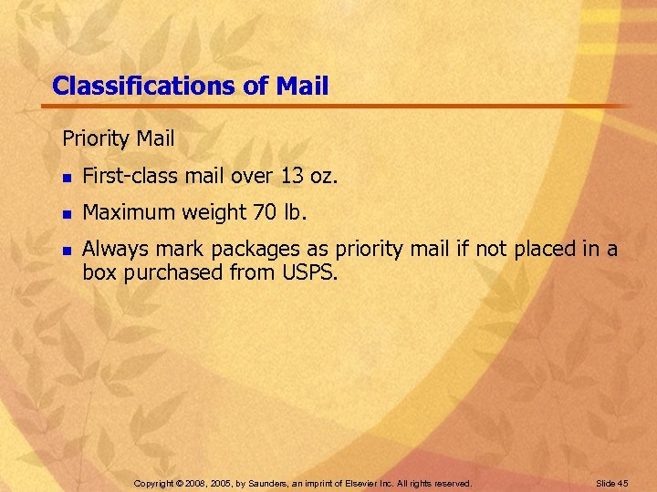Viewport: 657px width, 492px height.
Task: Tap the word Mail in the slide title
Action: [299, 86]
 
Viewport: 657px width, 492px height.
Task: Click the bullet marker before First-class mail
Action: [67, 178]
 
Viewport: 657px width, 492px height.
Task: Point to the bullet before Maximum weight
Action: [67, 214]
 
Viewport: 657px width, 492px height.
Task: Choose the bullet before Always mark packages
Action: [67, 250]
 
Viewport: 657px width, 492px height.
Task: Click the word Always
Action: [111, 249]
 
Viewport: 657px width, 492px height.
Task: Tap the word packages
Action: [248, 250]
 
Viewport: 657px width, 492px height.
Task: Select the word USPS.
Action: [311, 272]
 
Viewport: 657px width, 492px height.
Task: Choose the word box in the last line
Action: [97, 272]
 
